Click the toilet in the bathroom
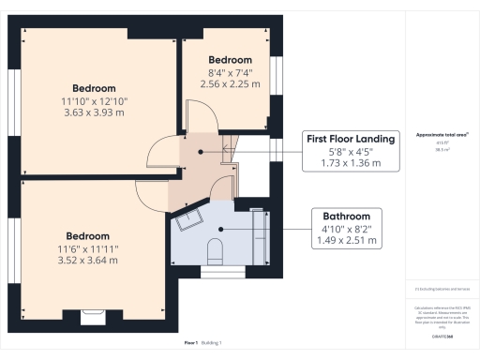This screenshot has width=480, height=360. [x=215, y=248]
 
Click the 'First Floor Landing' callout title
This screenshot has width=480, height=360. [x=351, y=138]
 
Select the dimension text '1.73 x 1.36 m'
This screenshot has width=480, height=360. [x=351, y=163]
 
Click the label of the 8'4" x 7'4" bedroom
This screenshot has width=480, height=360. [x=230, y=59]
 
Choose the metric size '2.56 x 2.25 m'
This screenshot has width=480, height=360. [x=230, y=83]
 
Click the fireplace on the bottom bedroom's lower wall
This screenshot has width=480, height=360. [x=94, y=317]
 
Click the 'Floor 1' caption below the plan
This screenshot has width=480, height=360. [x=191, y=343]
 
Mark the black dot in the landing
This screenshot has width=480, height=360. [x=199, y=151]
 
